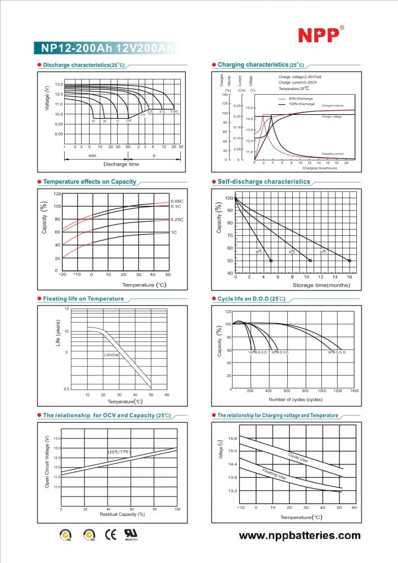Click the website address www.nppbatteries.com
(300, 535)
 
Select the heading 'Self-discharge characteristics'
(263, 182)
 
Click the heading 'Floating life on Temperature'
(83, 298)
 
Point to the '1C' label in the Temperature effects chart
(174, 232)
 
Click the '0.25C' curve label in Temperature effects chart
(177, 219)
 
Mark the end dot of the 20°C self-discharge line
(350, 261)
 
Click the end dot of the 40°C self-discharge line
(271, 261)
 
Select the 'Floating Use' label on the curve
(274, 473)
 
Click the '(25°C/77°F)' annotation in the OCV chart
(119, 452)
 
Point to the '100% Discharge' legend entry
(301, 104)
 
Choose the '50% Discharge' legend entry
(300, 99)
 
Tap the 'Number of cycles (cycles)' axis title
(296, 399)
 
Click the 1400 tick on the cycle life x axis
(354, 390)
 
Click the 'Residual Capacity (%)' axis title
(118, 515)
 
